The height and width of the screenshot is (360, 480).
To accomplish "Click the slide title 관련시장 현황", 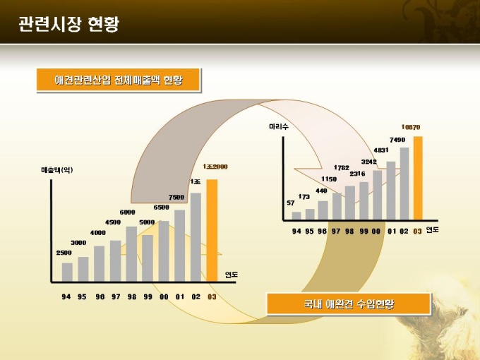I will coord(68,25).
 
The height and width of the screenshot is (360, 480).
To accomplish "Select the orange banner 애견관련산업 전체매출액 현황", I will coord(119,80).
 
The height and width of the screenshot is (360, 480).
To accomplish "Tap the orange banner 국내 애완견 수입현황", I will coord(348,304).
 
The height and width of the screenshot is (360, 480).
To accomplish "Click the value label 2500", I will coord(64,253).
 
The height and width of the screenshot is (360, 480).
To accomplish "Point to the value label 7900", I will coord(176,197).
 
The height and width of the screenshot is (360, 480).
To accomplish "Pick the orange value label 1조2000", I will coord(215,166).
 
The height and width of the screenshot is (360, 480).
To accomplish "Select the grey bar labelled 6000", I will coord(131,253).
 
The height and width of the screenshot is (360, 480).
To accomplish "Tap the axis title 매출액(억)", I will coord(56,169).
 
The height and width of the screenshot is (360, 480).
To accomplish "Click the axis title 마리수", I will coord(279,126).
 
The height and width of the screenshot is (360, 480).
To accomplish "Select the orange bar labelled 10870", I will coord(418,178).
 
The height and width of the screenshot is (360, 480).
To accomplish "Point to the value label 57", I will coord(291,203).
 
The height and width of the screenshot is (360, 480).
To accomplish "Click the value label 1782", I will coord(342,167).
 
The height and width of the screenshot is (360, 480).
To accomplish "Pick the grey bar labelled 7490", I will coord(404,184).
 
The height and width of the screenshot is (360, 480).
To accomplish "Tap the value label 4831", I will coord(381,150).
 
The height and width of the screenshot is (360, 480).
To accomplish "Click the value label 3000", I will coord(79,243).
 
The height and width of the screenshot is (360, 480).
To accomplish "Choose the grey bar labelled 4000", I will coord(99,263).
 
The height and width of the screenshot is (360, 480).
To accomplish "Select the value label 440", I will coord(321,191).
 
